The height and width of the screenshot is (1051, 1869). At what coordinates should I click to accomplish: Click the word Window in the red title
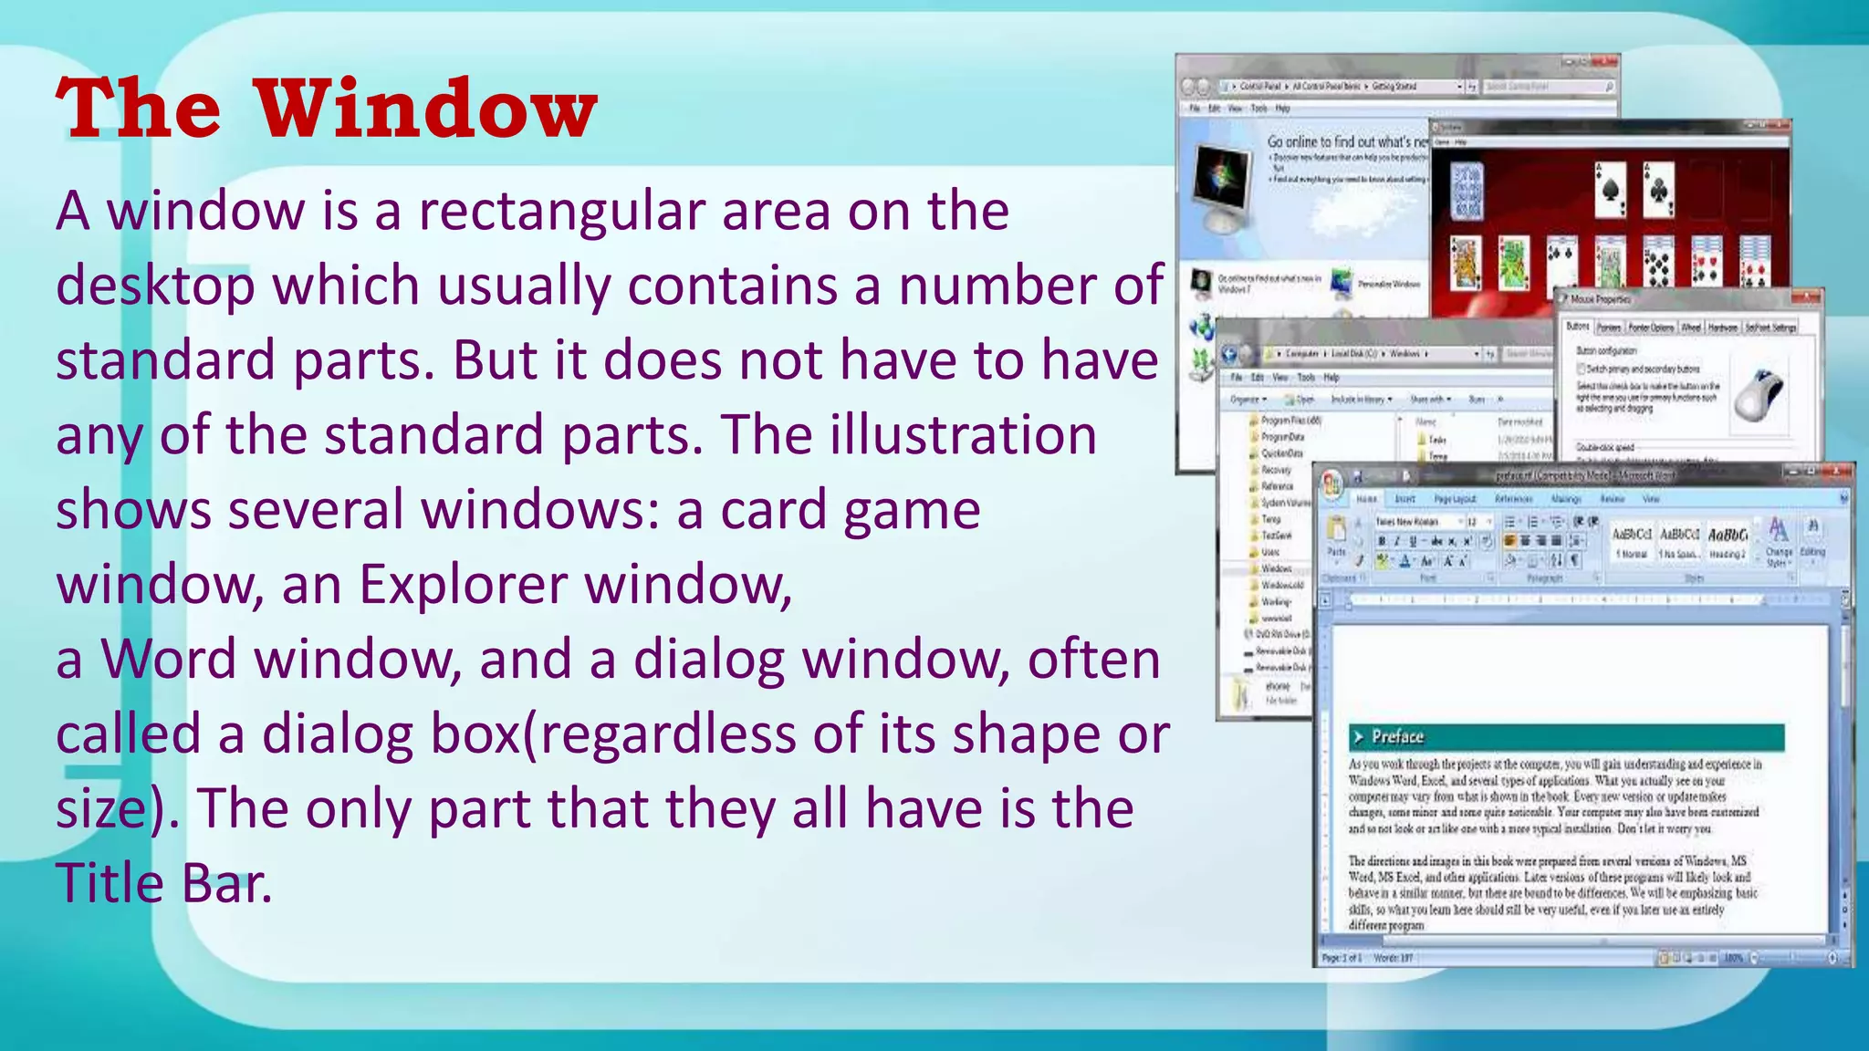(x=425, y=109)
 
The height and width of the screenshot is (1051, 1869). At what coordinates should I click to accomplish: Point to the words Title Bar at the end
(x=164, y=884)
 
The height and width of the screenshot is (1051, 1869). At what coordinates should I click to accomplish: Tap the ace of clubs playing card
(x=1657, y=190)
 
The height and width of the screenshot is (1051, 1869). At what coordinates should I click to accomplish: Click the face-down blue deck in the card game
(x=1467, y=191)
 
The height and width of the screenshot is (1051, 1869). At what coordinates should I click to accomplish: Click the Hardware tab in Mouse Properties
(x=1722, y=328)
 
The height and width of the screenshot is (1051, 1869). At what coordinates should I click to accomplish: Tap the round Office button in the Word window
(x=1332, y=484)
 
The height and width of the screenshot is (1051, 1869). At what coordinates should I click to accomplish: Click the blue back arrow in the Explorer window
(x=1230, y=354)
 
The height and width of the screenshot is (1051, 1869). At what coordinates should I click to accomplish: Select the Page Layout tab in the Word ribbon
(x=1455, y=499)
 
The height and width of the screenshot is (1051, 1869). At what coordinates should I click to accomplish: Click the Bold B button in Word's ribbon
(x=1382, y=541)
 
